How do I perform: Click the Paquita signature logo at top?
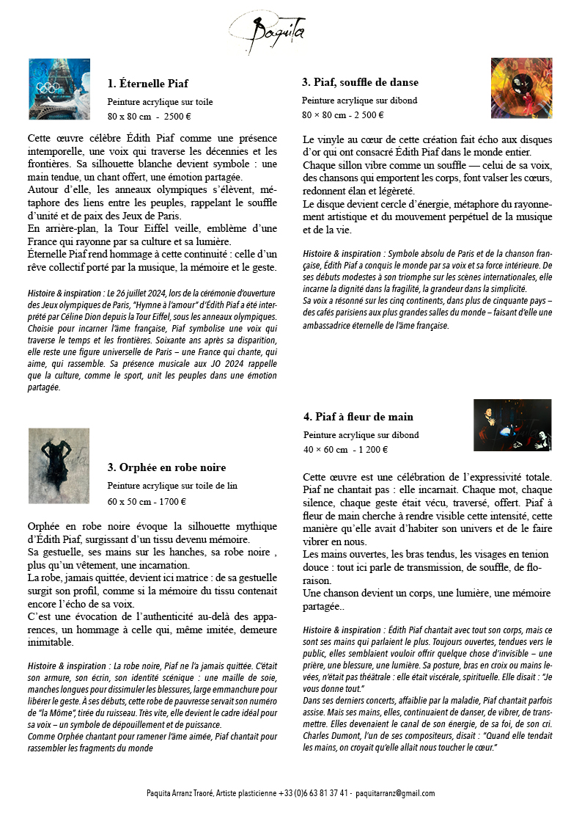[267, 31]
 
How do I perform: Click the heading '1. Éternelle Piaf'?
[148, 84]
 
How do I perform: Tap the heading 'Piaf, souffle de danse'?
[360, 82]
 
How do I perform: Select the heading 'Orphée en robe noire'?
[166, 467]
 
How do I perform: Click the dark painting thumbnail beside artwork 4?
[512, 425]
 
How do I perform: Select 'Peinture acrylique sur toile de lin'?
[172, 486]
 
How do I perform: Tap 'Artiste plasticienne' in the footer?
[243, 793]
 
